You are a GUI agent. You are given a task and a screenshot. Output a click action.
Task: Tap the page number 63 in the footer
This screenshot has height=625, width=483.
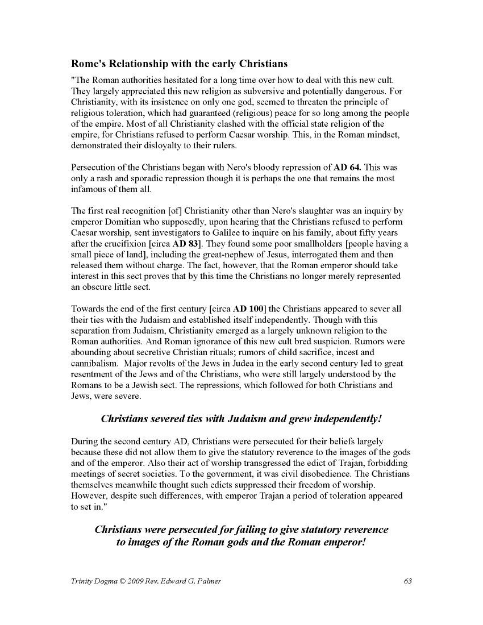coord(407,581)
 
